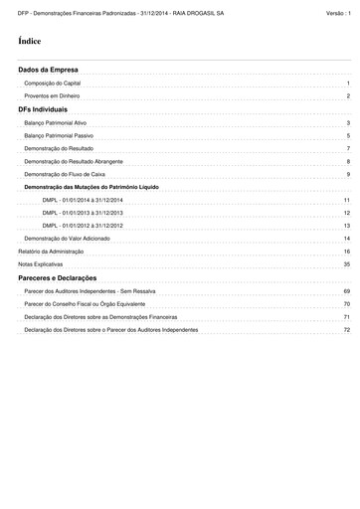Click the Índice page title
tap(30, 43)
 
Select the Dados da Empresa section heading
tap(49, 72)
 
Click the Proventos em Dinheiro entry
tap(52, 97)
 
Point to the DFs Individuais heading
tap(44, 108)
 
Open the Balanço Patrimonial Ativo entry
tap(56, 122)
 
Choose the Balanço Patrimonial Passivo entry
tap(59, 135)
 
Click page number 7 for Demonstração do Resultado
tap(348, 148)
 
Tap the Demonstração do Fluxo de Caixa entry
tap(64, 174)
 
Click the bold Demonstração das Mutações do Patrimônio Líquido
tap(90, 187)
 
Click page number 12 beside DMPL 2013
tap(347, 213)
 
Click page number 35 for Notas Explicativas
tap(347, 264)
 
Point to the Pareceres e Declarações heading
tap(58, 277)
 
